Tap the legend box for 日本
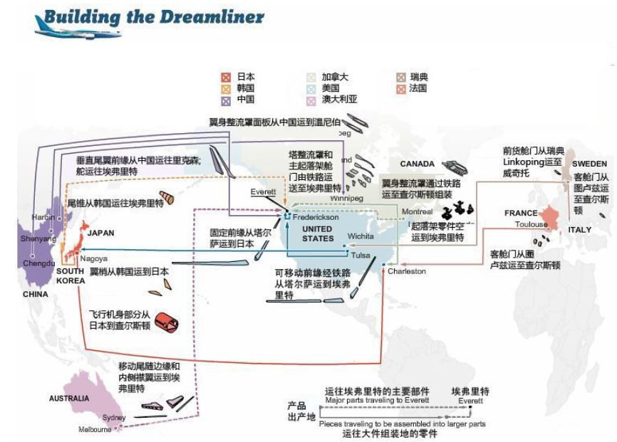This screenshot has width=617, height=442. (x=226, y=76)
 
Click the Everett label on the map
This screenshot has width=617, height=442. (x=262, y=191)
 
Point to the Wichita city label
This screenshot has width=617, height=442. (x=360, y=236)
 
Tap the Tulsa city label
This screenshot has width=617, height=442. (x=361, y=255)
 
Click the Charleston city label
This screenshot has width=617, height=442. (x=407, y=271)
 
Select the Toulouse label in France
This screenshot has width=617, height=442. (x=532, y=224)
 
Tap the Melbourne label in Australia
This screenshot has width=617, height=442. (x=95, y=429)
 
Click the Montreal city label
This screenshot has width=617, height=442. (x=417, y=212)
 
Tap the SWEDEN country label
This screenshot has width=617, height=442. (x=589, y=164)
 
